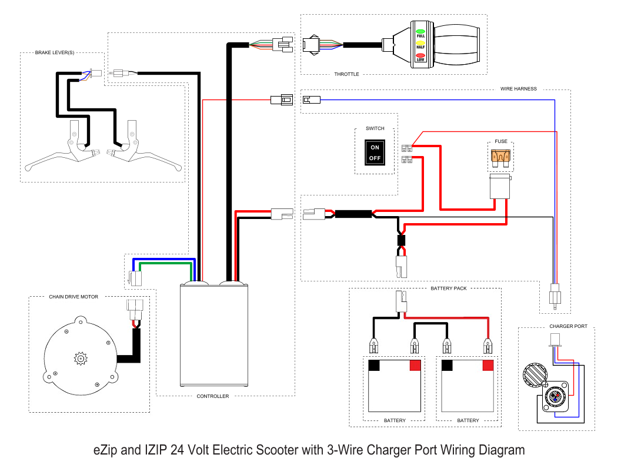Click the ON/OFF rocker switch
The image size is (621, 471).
[375, 152]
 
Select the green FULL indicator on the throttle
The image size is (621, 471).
[420, 31]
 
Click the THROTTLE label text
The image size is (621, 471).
[346, 74]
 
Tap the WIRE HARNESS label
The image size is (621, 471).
[518, 89]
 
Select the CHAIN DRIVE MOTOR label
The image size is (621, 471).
[74, 297]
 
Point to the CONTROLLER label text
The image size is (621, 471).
[212, 396]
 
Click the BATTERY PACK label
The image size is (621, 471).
[448, 288]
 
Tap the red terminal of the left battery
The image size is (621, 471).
[415, 365]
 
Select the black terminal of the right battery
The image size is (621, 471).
[447, 365]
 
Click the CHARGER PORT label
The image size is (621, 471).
[568, 326]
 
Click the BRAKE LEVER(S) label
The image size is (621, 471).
[55, 53]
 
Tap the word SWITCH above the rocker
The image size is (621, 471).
[375, 128]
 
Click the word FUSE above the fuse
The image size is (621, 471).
[501, 141]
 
